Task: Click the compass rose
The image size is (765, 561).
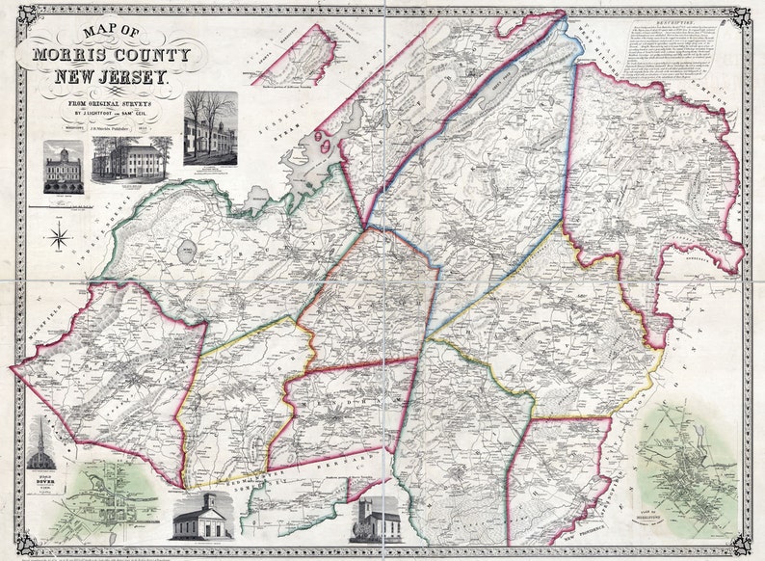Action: pos(61,234)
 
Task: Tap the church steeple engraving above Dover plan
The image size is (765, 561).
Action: pos(41,444)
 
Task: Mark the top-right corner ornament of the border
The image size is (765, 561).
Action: pos(740,16)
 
